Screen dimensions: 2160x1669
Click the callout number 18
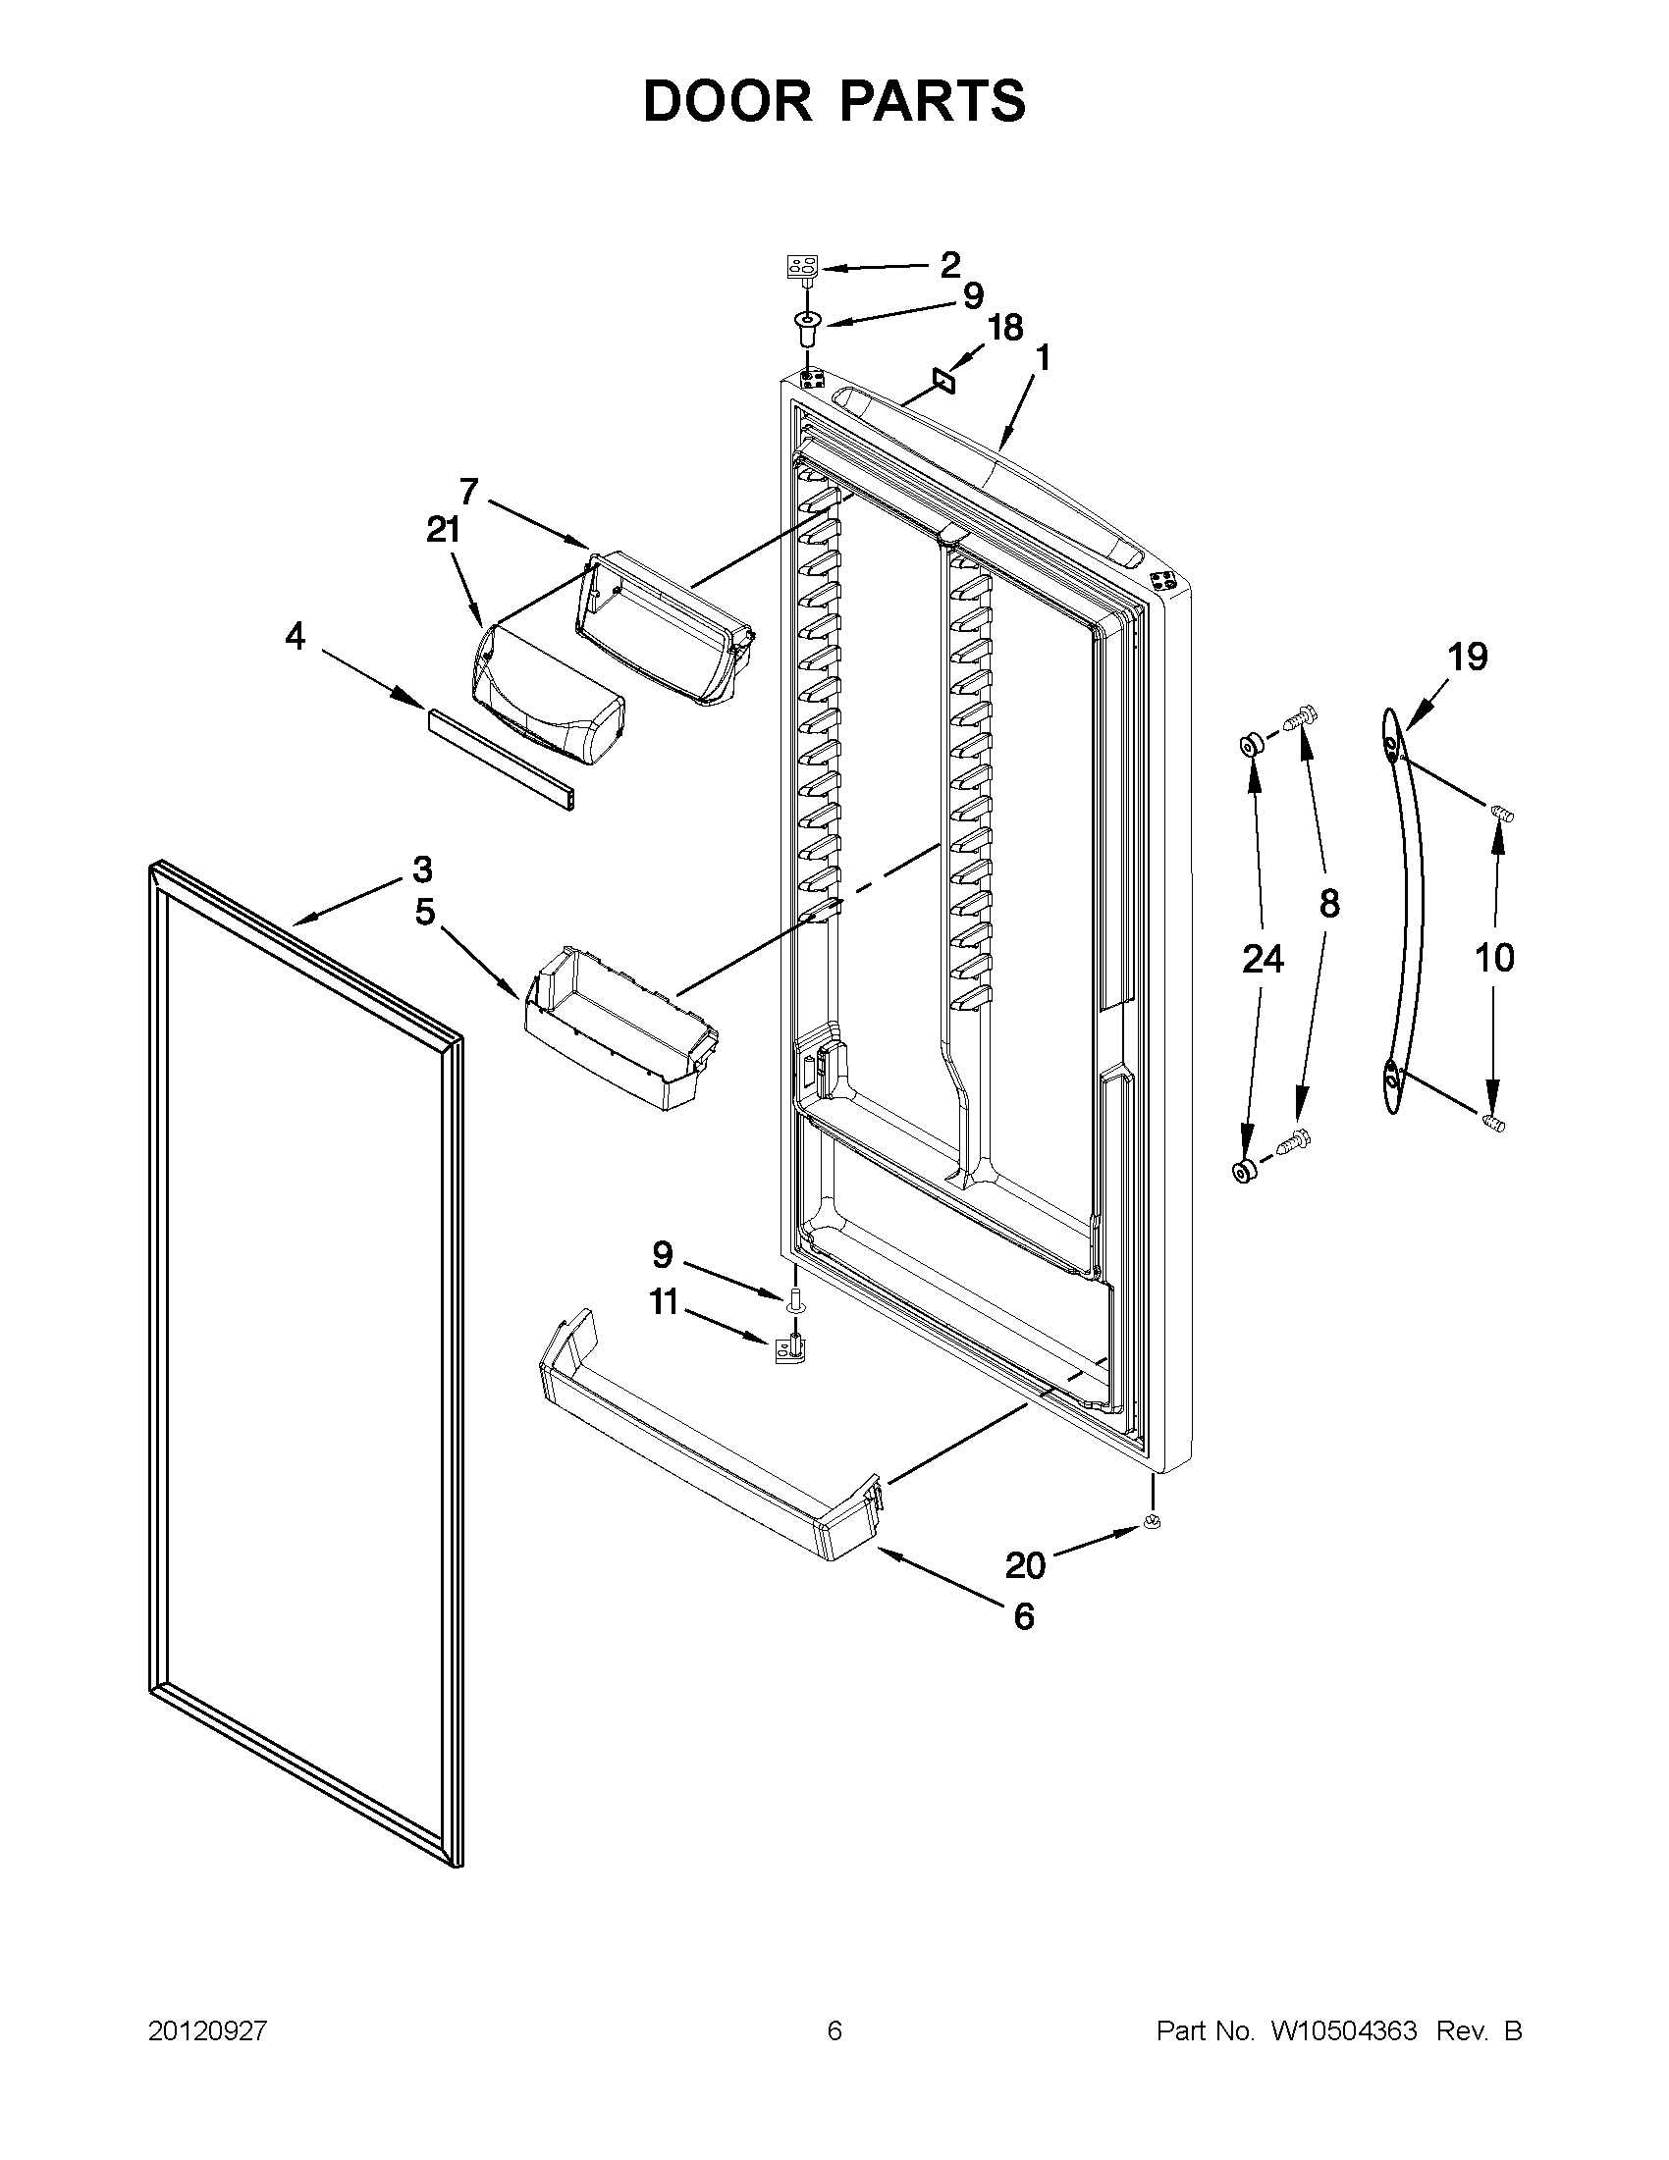point(1005,328)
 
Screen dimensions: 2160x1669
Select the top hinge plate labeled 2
point(802,266)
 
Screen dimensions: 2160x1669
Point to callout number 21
point(443,531)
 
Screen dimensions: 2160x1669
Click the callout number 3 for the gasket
point(421,869)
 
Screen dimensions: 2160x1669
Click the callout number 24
point(1264,958)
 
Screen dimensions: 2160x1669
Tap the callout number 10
point(1494,957)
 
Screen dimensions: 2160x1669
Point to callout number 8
point(1329,902)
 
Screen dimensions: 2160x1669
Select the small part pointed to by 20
point(1150,1522)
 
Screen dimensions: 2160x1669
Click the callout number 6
point(1023,1616)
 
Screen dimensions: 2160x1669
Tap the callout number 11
point(663,1302)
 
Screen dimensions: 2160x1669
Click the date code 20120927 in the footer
point(208,2031)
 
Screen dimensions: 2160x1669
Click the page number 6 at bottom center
point(834,2031)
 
